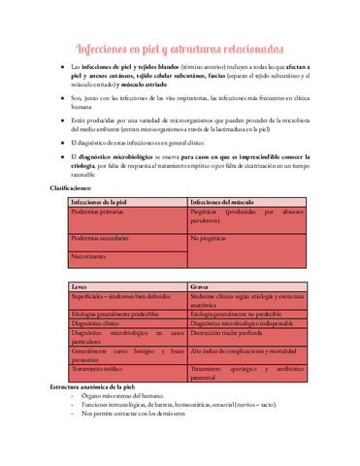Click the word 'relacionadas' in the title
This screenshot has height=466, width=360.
point(245,49)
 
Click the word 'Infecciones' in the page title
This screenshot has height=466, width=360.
point(111,49)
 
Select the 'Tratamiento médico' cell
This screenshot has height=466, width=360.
point(100,369)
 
